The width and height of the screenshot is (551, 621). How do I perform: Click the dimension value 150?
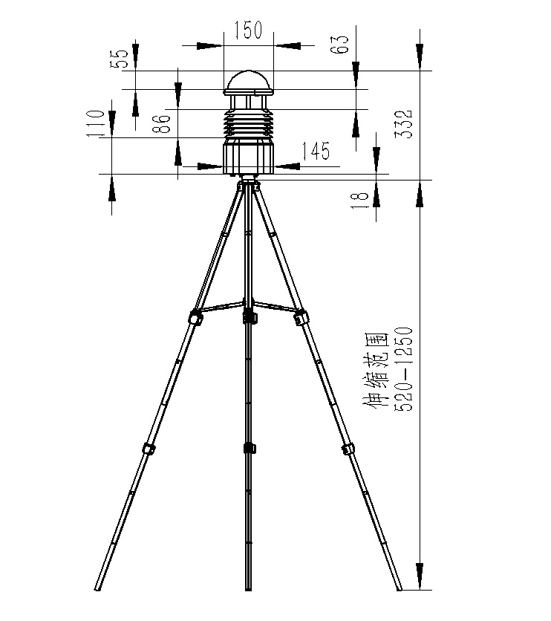pyautogui.click(x=248, y=30)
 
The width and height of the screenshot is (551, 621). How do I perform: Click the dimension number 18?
pyautogui.click(x=359, y=199)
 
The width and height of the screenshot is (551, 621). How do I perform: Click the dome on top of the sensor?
pyautogui.click(x=250, y=80)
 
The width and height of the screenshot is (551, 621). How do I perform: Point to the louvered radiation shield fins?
pyautogui.click(x=250, y=123)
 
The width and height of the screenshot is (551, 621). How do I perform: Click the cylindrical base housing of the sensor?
pyautogui.click(x=250, y=157)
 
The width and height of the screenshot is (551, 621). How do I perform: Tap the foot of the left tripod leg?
pyautogui.click(x=98, y=587)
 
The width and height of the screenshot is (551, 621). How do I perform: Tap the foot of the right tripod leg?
pyautogui.click(x=399, y=587)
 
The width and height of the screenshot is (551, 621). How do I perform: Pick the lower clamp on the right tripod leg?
pyautogui.click(x=348, y=449)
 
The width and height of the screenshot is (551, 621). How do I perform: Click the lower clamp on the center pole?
pyautogui.click(x=249, y=448)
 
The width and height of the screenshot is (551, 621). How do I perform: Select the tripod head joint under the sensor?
pyautogui.click(x=249, y=183)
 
